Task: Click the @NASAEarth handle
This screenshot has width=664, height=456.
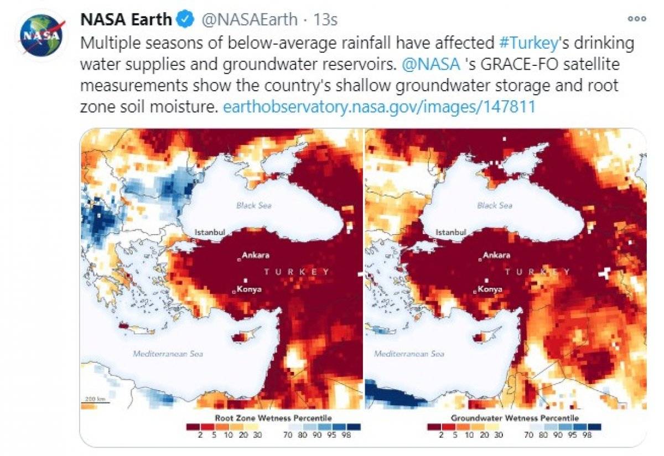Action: pos(249,20)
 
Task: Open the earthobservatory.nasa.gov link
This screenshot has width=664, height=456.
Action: pos(378,107)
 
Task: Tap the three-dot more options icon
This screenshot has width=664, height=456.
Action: pos(637,19)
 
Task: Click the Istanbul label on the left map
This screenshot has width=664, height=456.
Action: pos(209,232)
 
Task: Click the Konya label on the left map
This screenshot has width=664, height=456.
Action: pos(250,289)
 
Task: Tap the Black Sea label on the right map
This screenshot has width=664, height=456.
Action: pos(494,205)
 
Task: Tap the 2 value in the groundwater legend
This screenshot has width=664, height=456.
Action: pos(442,436)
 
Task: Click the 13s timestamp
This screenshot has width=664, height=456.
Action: pos(325,20)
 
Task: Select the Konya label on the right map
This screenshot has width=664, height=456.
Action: pos(490,289)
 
